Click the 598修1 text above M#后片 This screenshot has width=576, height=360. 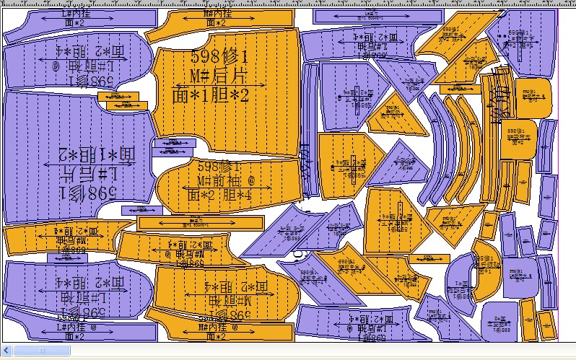coord(220,57)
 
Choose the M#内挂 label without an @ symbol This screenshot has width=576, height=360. coord(217,14)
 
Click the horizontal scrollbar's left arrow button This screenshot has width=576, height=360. coord(6,350)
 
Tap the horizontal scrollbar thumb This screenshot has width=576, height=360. coord(41,350)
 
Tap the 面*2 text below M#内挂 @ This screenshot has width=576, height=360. coord(217,336)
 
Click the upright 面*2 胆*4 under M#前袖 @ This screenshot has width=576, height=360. coord(219,195)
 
